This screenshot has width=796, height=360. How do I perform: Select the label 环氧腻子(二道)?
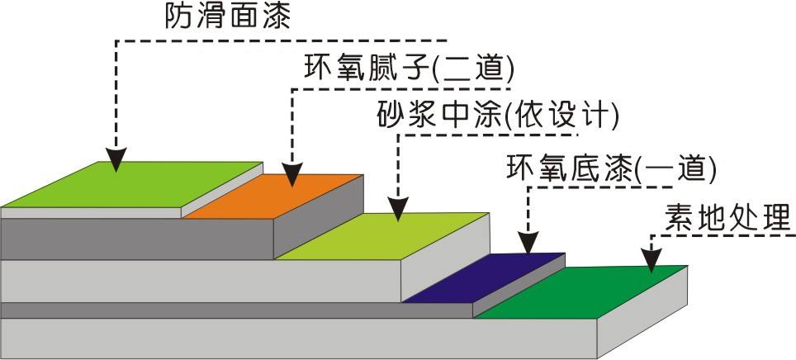(410, 68)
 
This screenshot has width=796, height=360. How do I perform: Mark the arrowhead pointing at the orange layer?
(291, 174)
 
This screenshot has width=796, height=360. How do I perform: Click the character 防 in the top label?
(179, 16)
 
